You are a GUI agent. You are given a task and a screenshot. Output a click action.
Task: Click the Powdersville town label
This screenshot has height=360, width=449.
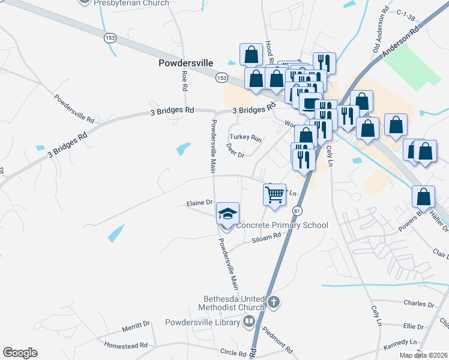click(x=185, y=62)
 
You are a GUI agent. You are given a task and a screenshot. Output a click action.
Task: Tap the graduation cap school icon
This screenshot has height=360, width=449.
click(x=228, y=214)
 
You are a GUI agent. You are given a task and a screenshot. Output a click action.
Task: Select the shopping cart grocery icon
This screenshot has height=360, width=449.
click(x=274, y=194)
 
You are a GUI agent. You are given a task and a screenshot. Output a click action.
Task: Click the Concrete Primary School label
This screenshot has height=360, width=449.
click(x=283, y=225)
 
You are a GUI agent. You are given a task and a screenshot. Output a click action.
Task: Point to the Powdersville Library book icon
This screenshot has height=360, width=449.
click(x=249, y=322)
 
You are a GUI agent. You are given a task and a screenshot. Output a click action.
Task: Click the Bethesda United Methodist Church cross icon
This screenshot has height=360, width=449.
click(x=274, y=302)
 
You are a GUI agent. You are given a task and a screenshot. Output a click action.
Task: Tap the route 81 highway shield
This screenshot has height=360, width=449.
click(x=298, y=211)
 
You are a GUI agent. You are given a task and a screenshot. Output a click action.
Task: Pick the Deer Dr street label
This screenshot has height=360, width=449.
click(x=235, y=150)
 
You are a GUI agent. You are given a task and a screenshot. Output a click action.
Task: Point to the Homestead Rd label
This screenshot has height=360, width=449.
click(x=125, y=346)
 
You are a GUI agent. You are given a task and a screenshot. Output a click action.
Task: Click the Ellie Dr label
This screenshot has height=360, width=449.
click(x=414, y=326)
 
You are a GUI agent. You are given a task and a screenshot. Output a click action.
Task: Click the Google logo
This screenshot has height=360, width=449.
click(x=20, y=353)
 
